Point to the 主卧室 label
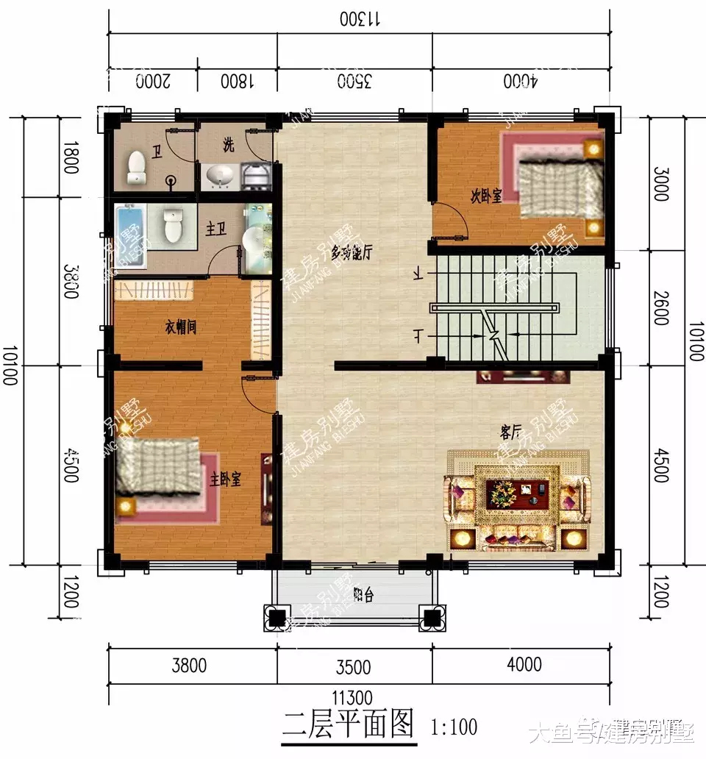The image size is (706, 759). pos(227,480)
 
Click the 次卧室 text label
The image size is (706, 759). pos(486,196)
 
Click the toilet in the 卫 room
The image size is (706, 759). pos(137,168)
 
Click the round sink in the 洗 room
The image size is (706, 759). pos(220,176)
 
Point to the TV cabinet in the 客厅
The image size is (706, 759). pos(523,377)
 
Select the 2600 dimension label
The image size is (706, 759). pos(660,307)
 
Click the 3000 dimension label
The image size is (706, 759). pos(660,182)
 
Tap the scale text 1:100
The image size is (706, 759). pos(454,728)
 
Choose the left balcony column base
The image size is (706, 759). pos(277,618)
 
